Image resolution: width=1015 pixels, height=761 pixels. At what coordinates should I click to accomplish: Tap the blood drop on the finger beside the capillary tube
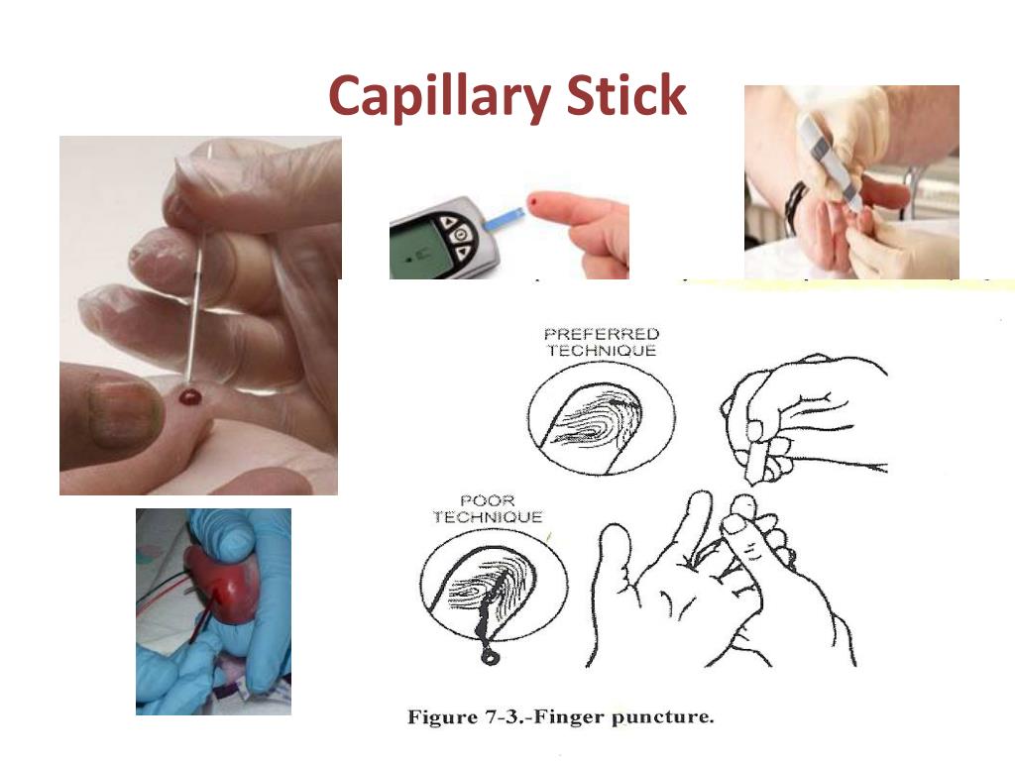point(188,397)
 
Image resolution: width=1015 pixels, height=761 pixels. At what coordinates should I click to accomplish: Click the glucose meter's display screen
point(413,248)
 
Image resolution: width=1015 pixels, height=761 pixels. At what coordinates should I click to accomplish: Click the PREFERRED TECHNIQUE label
point(601,342)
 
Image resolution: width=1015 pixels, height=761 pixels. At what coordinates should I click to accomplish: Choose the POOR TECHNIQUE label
point(501,508)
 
